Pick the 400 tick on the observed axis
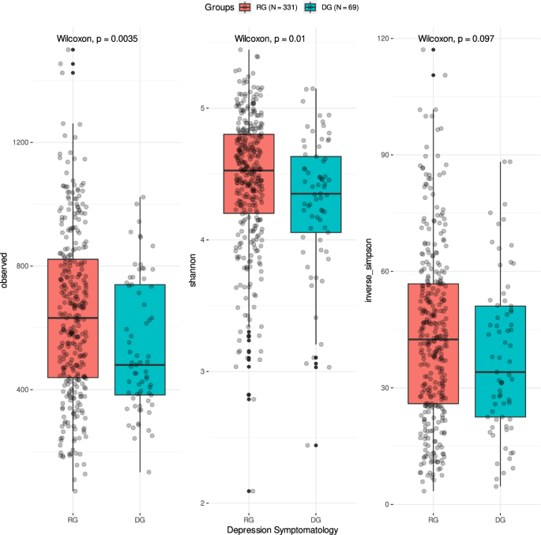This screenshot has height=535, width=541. [x=24, y=390]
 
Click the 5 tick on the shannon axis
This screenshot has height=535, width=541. [x=204, y=107]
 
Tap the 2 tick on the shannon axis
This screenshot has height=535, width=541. [x=204, y=503]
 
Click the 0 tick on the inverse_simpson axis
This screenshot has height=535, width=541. [x=388, y=504]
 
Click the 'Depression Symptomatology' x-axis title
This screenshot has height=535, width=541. [x=282, y=529]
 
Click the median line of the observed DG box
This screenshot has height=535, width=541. [x=140, y=365]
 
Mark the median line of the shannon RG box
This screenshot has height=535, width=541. [x=249, y=171]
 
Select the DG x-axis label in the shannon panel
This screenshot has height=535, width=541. [x=315, y=518]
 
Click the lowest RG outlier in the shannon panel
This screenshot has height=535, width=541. [x=249, y=491]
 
